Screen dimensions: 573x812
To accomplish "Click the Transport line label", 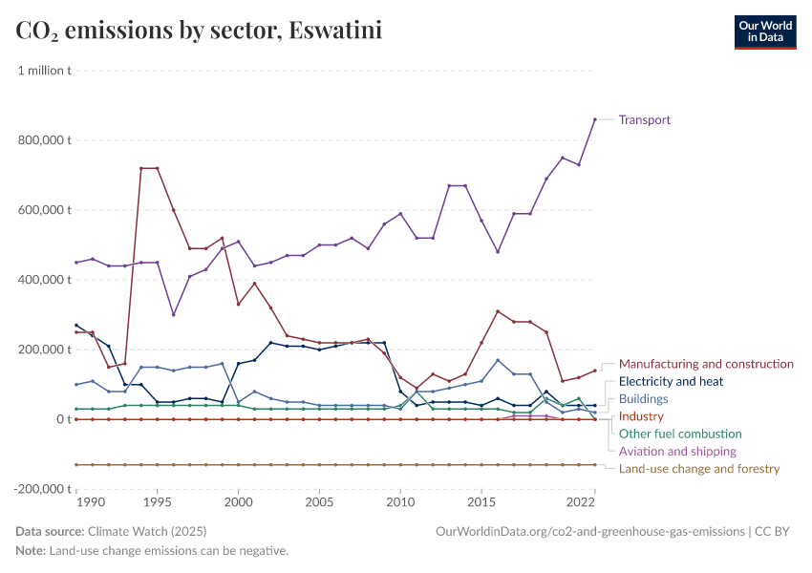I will point(644,120).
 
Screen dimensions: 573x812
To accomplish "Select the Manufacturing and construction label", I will point(706,364).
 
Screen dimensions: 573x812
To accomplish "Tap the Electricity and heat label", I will point(671,381).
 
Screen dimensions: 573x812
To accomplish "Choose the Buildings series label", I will point(643,399).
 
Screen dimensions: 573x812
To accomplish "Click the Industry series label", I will point(641,416).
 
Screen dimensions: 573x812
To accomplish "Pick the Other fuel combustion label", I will point(680,434).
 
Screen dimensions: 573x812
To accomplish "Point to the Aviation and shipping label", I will point(677,451).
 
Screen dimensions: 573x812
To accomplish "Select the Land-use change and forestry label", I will point(699,469).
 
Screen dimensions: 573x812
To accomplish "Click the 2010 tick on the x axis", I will point(400,501).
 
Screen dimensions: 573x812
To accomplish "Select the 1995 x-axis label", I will point(157,501).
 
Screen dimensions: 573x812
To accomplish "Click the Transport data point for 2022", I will point(594,119).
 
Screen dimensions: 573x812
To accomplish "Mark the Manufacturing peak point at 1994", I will point(141,168).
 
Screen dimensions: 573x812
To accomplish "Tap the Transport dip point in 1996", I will point(173,314).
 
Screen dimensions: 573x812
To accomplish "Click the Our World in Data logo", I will point(764,32).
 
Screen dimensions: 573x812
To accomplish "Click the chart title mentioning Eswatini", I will point(199,31).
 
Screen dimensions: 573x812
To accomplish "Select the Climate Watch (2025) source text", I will point(146,531).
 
